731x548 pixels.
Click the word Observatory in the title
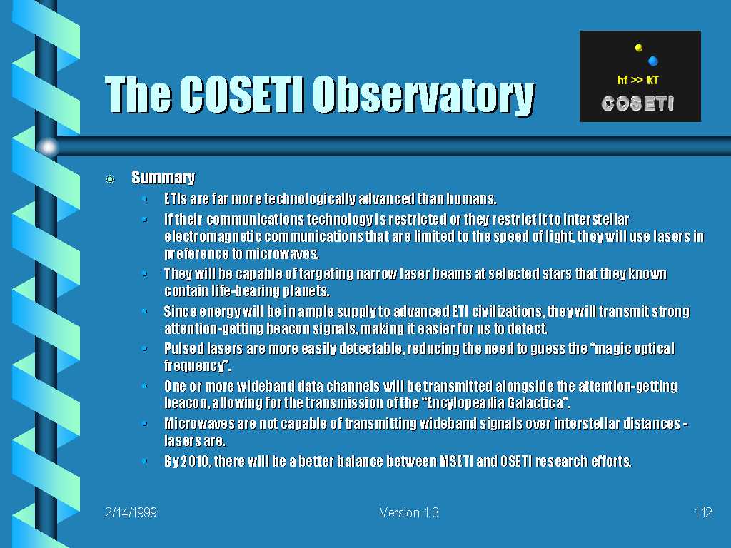click(423, 96)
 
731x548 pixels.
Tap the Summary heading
click(163, 178)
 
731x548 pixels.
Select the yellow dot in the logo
click(639, 48)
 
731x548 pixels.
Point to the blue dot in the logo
click(653, 61)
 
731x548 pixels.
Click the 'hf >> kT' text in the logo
click(637, 80)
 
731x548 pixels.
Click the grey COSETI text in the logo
click(637, 103)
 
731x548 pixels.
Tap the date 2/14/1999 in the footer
click(131, 512)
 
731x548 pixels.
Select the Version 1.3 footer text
click(409, 512)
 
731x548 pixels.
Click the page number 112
click(702, 512)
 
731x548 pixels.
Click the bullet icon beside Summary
click(110, 179)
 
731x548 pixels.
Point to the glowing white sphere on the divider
click(48, 147)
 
